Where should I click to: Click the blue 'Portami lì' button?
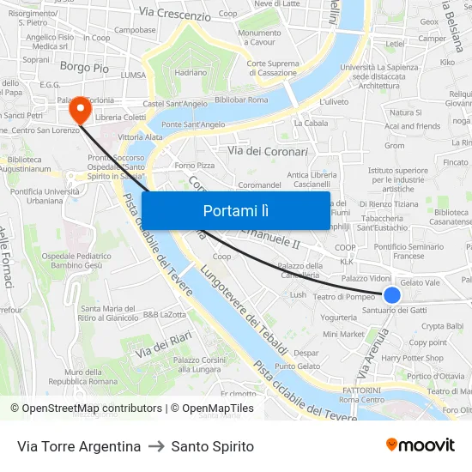tap(235, 210)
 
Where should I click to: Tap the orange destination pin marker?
tap(81, 109)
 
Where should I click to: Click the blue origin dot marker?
tap(392, 295)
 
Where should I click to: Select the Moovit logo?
tap(421, 445)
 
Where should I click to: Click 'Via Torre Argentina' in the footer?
tap(79, 446)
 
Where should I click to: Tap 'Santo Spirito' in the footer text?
tap(213, 446)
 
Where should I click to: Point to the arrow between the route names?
tap(156, 446)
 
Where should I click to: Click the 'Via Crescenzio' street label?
tap(174, 15)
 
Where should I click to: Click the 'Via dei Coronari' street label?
tap(267, 151)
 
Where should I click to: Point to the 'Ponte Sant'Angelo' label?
tap(193, 124)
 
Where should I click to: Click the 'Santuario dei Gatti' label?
tap(394, 310)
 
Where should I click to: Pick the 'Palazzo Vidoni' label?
tap(366, 279)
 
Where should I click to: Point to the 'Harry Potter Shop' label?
tap(412, 358)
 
